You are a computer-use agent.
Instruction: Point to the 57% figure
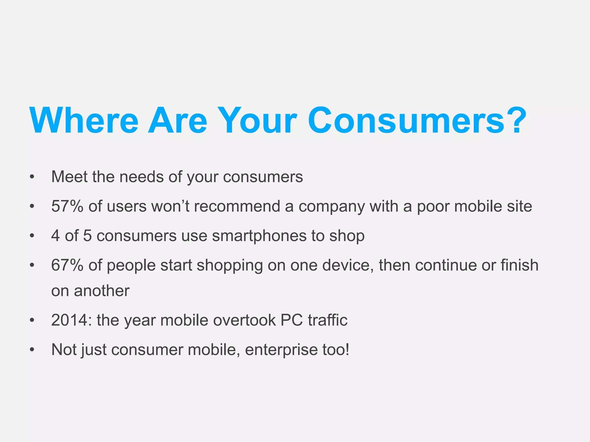(x=67, y=206)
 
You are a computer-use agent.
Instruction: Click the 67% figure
(x=67, y=265)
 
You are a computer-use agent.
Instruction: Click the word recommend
(x=237, y=206)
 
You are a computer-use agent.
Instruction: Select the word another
(x=102, y=291)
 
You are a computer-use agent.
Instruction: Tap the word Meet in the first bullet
(x=69, y=177)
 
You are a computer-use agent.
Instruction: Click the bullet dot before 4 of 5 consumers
(x=32, y=236)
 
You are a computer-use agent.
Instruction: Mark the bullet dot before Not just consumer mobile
(x=32, y=350)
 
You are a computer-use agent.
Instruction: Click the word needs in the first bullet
(x=141, y=177)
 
